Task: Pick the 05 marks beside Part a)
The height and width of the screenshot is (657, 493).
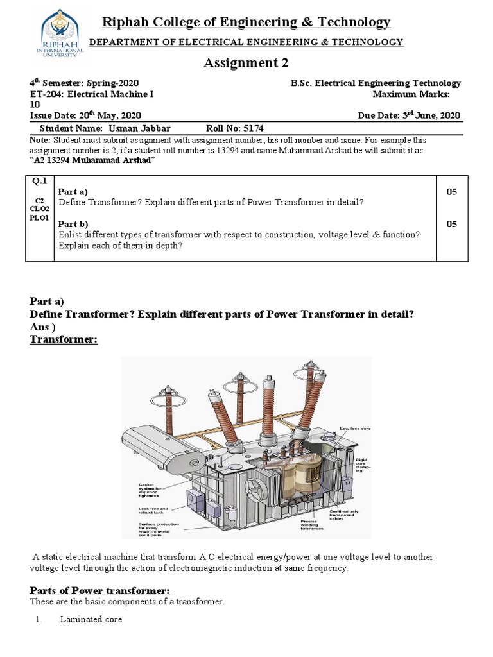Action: (453, 192)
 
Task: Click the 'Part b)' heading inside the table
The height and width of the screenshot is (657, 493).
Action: (73, 224)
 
